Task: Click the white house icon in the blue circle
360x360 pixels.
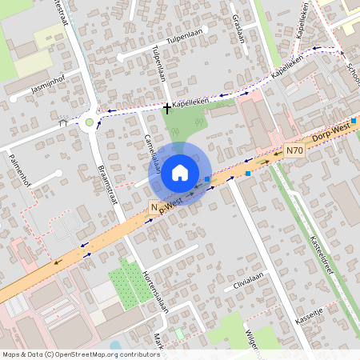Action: [180, 172]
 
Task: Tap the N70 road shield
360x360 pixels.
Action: [294, 150]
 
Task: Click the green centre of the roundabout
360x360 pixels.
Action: [90, 122]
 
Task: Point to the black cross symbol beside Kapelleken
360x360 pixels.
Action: [166, 106]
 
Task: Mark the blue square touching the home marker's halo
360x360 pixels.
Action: [207, 179]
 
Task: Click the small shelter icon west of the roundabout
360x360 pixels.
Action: [63, 123]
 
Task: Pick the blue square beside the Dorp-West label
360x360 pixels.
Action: [354, 121]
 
